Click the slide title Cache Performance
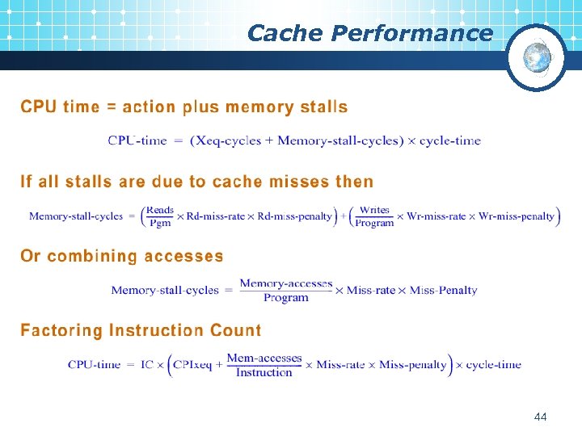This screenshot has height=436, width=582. pyautogui.click(x=369, y=33)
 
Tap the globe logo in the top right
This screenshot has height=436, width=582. pyautogui.click(x=536, y=57)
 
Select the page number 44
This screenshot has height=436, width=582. pyautogui.click(x=541, y=417)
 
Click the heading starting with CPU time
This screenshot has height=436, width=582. pyautogui.click(x=184, y=107)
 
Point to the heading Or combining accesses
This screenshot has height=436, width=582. pyautogui.click(x=122, y=257)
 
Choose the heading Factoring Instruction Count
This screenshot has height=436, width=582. pyautogui.click(x=141, y=331)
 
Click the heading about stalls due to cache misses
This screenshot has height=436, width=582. pyautogui.click(x=197, y=182)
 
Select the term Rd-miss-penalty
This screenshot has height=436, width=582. pyautogui.click(x=295, y=216)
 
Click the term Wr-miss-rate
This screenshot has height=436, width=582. pyautogui.click(x=436, y=216)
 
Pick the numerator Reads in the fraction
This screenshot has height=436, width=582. pyautogui.click(x=161, y=210)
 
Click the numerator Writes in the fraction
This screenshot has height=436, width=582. pyautogui.click(x=374, y=210)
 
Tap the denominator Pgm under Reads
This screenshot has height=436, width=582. pyautogui.click(x=160, y=224)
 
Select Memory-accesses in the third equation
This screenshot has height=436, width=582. pyautogui.click(x=286, y=283)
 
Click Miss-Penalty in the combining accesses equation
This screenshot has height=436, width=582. pyautogui.click(x=444, y=291)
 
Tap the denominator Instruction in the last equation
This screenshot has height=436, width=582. pyautogui.click(x=264, y=372)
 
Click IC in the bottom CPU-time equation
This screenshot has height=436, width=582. pyautogui.click(x=146, y=365)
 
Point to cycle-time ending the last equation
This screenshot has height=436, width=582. pyautogui.click(x=494, y=365)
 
